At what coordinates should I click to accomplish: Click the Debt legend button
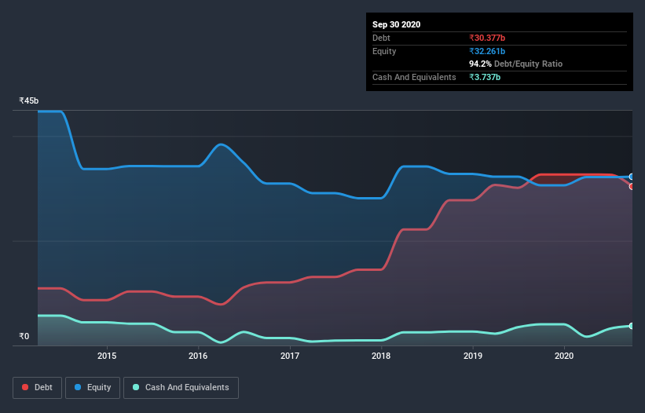[38, 387]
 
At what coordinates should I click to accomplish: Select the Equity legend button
[93, 387]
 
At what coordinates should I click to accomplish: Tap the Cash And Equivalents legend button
[181, 387]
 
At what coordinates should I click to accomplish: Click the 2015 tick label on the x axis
[107, 356]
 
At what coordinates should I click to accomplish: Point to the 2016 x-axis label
[198, 356]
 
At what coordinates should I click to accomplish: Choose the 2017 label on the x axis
[290, 356]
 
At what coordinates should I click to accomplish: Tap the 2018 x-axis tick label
[381, 356]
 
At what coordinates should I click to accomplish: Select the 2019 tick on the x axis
[473, 356]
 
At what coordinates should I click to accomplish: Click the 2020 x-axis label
[564, 356]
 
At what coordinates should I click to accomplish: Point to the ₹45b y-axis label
[29, 101]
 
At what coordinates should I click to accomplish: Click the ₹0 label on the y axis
[24, 337]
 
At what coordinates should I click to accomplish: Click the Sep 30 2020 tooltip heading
[396, 24]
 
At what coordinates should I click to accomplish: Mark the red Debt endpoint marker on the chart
[631, 186]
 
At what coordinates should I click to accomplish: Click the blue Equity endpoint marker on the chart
[631, 177]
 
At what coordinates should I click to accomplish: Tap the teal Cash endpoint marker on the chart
[631, 326]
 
